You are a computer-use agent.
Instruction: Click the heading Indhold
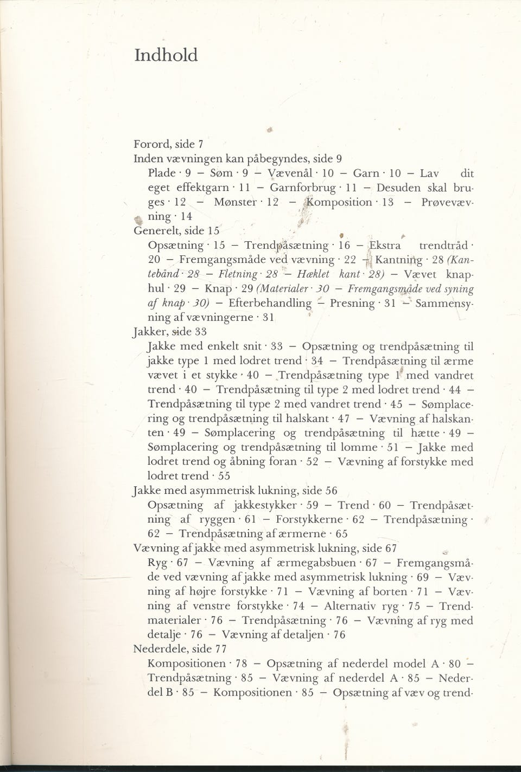pyautogui.click(x=166, y=56)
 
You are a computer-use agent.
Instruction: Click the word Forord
pyautogui.click(x=150, y=145)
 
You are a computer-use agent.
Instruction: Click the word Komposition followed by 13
pyautogui.click(x=339, y=202)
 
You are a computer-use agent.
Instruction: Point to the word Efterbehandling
pyautogui.click(x=270, y=303)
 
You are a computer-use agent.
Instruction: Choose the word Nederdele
pyautogui.click(x=158, y=649)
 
